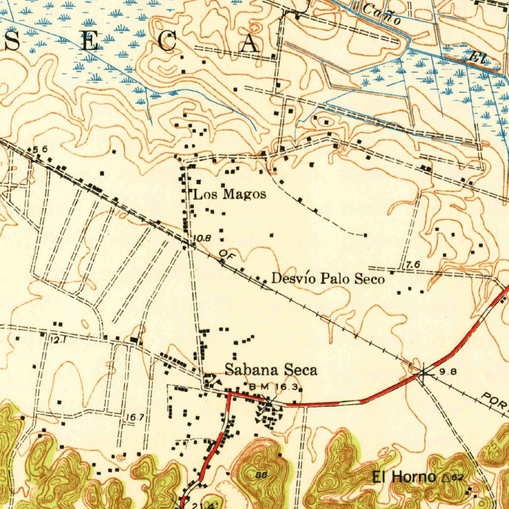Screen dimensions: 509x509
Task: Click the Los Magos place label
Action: click(230, 194)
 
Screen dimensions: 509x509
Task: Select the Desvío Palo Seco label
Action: click(328, 279)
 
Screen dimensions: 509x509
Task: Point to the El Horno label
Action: click(404, 478)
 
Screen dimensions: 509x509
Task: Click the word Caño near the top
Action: click(382, 14)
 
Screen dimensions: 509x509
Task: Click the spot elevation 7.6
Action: click(413, 265)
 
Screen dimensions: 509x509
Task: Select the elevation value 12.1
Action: click(59, 339)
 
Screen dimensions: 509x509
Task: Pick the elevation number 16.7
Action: click(135, 418)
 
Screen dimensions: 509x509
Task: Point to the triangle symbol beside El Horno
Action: click(445, 478)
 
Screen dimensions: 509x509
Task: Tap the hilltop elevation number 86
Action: click(261, 475)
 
